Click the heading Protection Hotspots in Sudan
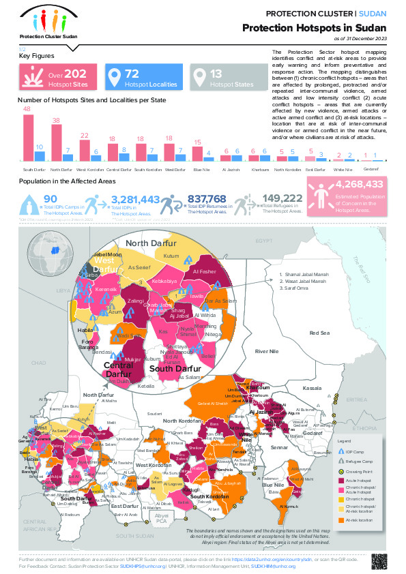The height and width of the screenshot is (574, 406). click(315, 27)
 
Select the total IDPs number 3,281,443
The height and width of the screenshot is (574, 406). click(135, 199)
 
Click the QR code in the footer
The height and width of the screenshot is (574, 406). click(378, 560)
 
